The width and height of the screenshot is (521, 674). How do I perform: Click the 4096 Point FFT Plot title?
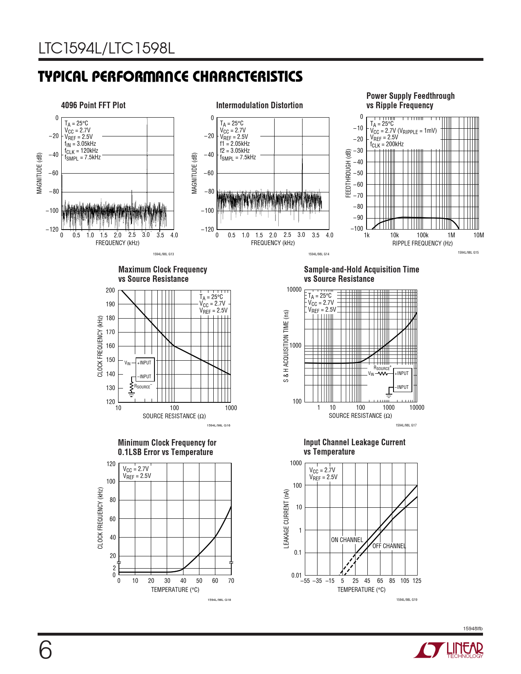(93, 105)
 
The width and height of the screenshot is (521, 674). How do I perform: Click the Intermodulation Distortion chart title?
(259, 105)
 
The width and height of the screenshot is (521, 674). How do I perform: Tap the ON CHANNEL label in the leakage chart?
(347, 540)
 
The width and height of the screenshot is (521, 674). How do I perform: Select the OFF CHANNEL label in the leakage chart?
(389, 546)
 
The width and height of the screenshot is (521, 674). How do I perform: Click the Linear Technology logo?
(449, 650)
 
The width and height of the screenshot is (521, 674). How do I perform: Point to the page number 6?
(45, 650)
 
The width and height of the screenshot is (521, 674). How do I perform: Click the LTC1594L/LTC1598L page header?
(107, 49)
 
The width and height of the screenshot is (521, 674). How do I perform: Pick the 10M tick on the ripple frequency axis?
(479, 235)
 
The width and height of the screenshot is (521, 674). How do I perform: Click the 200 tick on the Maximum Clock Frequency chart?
(110, 290)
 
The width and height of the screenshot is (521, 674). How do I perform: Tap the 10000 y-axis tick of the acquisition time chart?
(294, 290)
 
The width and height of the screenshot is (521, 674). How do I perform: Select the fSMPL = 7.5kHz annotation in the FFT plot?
(83, 158)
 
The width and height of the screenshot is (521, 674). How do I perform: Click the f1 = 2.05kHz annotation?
(235, 144)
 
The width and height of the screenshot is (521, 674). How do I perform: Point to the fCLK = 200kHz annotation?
(387, 144)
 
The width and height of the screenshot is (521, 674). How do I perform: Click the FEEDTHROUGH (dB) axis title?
(349, 173)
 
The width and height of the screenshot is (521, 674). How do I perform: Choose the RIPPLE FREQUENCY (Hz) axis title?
(423, 243)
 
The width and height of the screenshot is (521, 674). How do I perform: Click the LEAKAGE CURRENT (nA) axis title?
(286, 519)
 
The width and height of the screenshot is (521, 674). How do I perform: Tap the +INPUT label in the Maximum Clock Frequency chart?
(144, 363)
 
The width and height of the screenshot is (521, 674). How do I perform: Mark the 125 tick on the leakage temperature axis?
(417, 581)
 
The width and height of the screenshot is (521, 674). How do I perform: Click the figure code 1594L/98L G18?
(219, 600)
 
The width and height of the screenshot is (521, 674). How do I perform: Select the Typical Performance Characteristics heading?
(170, 77)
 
